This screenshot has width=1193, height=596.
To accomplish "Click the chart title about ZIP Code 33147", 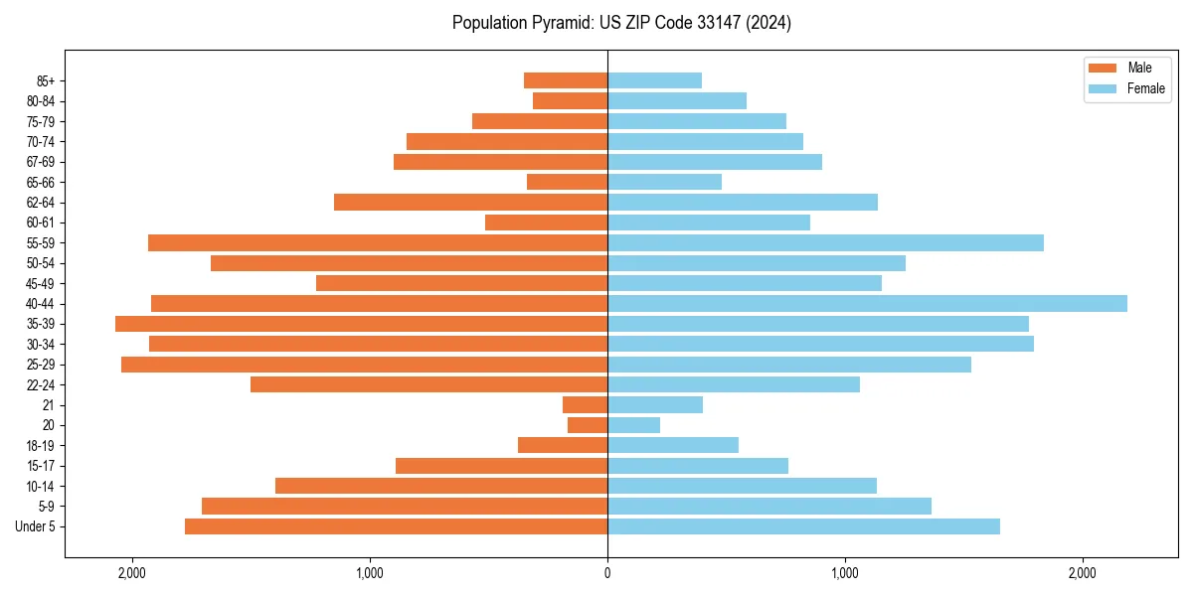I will pos(621,23).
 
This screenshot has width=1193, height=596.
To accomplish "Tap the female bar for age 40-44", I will pos(867,303).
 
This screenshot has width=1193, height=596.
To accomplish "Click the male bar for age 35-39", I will pos(361,324).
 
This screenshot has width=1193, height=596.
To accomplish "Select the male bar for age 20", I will pos(588,425).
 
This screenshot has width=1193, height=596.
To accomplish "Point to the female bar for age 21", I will pos(655,404).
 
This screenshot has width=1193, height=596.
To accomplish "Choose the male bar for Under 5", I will pos(396,526).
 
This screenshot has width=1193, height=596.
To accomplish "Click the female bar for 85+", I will pos(654,80).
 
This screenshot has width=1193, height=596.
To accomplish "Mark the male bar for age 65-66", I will pos(567,182).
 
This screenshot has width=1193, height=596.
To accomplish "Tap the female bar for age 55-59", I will pos(825,242).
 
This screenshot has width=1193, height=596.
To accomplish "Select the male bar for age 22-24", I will pos(428,384).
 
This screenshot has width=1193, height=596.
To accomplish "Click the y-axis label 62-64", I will pos(41,203).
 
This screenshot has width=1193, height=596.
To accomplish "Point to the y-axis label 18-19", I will pos(41,446).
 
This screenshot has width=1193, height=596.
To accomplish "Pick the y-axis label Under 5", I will pos(36,526).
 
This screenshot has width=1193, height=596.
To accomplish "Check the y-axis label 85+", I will pos(46,80).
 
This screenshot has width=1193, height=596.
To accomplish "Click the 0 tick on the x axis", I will pos(607,573).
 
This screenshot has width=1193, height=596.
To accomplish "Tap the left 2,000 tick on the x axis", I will pos(131,573).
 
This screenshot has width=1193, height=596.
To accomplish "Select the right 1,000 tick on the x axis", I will pos(845,573).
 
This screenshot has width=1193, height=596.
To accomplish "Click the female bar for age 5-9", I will pos(769,507).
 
